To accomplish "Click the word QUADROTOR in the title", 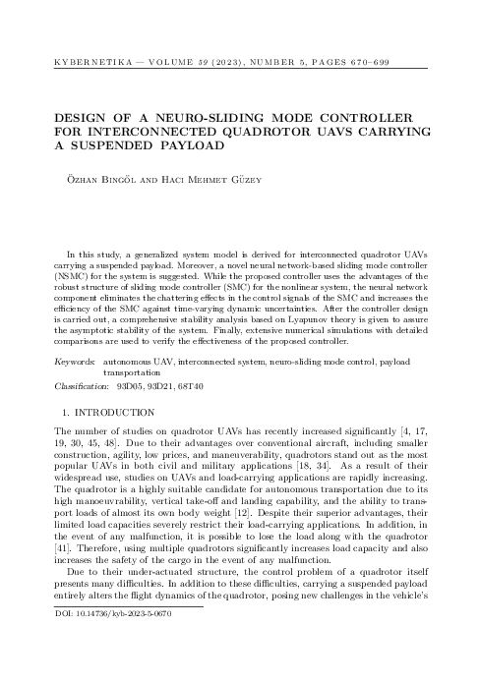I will pos(279,132).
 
